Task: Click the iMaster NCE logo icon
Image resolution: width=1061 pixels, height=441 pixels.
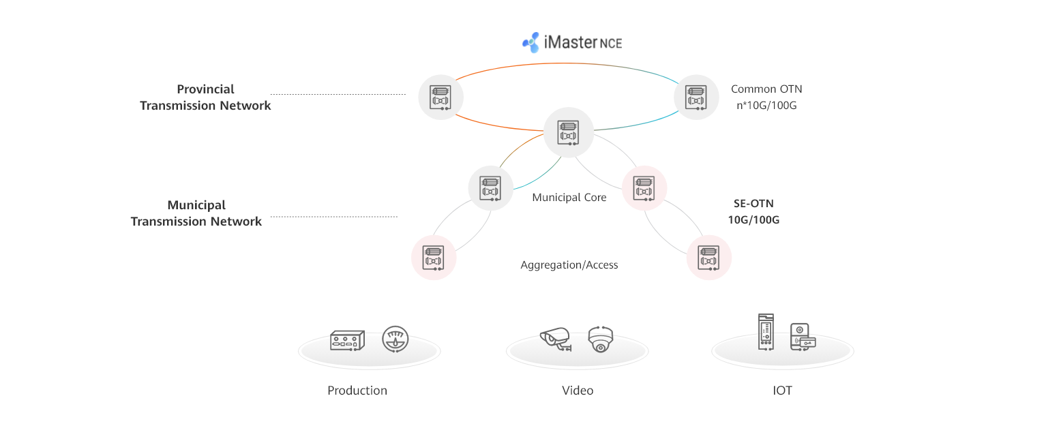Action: tap(530, 42)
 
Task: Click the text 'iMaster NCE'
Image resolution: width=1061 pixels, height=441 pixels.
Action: tap(583, 43)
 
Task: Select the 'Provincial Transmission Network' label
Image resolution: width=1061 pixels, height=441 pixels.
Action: tap(205, 97)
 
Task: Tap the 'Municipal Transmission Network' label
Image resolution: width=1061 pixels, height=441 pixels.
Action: tap(196, 213)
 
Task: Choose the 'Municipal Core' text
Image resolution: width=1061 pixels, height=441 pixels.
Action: tap(569, 198)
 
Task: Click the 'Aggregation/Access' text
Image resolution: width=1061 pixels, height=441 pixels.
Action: tap(569, 265)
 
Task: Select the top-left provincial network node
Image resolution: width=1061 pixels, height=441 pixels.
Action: tap(440, 97)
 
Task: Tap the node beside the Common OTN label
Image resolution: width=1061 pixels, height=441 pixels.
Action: tap(696, 97)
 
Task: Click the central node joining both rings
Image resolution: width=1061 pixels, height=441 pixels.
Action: tap(568, 131)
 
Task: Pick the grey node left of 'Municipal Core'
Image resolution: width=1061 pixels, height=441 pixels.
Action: tap(491, 187)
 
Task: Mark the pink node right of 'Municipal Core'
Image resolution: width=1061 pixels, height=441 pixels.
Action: tap(644, 187)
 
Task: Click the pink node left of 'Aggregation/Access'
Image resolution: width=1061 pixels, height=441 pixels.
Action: tap(433, 257)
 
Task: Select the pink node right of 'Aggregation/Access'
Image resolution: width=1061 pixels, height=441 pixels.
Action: tap(709, 257)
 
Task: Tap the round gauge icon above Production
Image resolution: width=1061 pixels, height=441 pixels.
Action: tap(395, 338)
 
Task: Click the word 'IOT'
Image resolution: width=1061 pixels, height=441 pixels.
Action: tap(783, 391)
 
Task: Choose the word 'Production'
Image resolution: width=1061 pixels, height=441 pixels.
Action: tap(357, 391)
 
